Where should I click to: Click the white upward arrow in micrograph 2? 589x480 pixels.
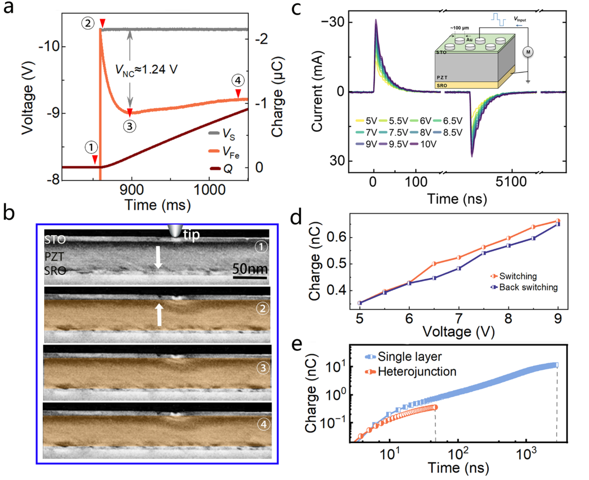pos(158,314)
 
